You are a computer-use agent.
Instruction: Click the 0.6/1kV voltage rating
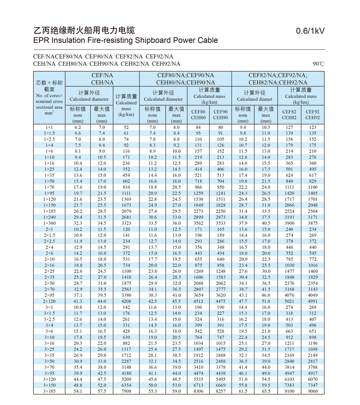(310, 31)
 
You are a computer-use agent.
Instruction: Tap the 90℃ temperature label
(318, 64)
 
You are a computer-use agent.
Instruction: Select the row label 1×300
(49, 223)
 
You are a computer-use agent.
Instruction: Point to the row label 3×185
(49, 391)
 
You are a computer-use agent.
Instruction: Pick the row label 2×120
(49, 301)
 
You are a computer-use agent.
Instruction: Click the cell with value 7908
(126, 391)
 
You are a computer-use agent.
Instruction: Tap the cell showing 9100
(289, 391)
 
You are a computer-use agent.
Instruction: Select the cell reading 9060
(312, 391)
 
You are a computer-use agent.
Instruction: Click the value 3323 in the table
(126, 223)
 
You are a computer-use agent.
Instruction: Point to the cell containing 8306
(198, 391)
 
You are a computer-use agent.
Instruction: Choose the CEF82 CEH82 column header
(289, 114)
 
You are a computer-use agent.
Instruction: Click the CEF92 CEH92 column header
(312, 114)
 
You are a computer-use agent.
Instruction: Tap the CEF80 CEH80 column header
(198, 114)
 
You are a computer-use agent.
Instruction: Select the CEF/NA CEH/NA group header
(103, 79)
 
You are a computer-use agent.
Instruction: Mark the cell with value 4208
(126, 301)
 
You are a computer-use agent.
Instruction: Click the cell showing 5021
(289, 301)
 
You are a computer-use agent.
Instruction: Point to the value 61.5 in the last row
(243, 391)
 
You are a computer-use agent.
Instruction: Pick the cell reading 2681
(126, 217)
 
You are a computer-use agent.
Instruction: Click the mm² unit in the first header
(49, 113)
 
